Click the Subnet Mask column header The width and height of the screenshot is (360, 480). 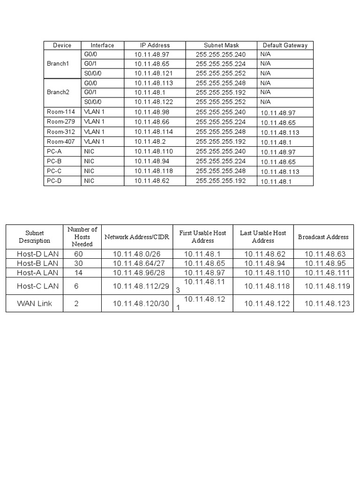click(x=221, y=45)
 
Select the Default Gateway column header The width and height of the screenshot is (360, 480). click(x=285, y=45)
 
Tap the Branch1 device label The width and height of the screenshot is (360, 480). click(x=58, y=64)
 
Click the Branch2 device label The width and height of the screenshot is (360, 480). click(x=58, y=92)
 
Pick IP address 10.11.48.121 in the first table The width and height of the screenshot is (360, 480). click(x=154, y=74)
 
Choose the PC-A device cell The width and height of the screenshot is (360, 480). click(x=54, y=151)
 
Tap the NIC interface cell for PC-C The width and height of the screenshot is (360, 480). click(x=89, y=171)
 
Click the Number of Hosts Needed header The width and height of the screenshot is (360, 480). click(x=82, y=237)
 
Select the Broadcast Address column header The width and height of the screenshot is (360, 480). click(x=323, y=237)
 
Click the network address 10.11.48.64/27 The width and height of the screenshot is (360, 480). click(x=140, y=263)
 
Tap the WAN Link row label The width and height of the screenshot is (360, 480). click(x=35, y=304)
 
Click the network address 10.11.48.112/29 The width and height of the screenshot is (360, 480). click(x=141, y=286)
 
